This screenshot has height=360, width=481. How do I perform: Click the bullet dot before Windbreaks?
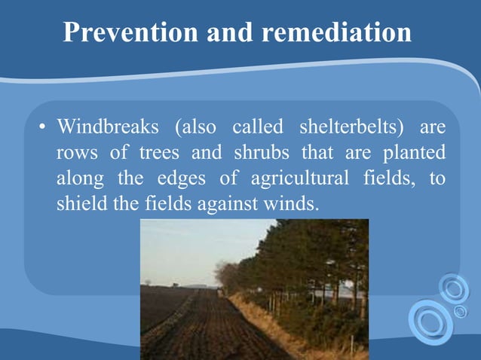coord(43,127)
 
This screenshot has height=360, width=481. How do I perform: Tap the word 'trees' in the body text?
coord(159,153)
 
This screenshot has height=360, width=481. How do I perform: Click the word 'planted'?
coord(414,153)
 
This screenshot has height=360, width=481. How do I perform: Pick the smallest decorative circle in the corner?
coord(461,311)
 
